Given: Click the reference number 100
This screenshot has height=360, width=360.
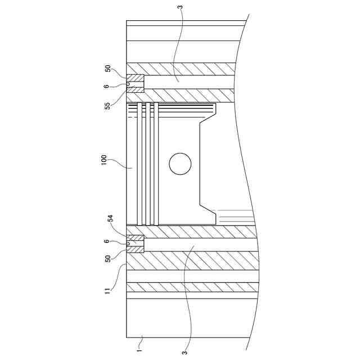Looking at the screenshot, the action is click(x=103, y=160).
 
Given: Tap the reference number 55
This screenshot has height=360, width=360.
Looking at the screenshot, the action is click(x=107, y=106).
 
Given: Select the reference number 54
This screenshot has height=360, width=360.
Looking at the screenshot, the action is click(x=111, y=218).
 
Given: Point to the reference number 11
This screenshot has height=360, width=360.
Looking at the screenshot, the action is click(x=107, y=291).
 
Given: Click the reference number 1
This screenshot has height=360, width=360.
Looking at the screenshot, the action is click(x=139, y=350).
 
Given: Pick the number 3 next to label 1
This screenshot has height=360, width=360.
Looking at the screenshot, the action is click(x=184, y=352).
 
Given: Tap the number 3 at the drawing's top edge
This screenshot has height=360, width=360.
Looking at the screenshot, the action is click(x=181, y=7).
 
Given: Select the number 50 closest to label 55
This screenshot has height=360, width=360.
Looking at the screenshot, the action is click(x=107, y=69).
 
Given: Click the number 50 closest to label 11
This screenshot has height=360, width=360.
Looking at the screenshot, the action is click(x=107, y=259).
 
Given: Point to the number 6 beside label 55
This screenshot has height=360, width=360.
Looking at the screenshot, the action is click(x=106, y=86).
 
